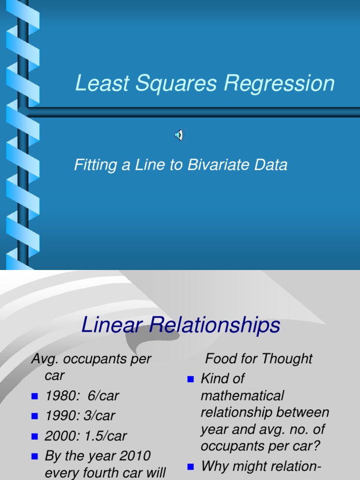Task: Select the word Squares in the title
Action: [x=170, y=83]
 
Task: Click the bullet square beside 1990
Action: [x=35, y=416]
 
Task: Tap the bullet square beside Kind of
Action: [x=190, y=379]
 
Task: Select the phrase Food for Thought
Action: [x=259, y=359]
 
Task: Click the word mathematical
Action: [x=242, y=396]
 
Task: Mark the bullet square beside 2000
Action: [x=35, y=436]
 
